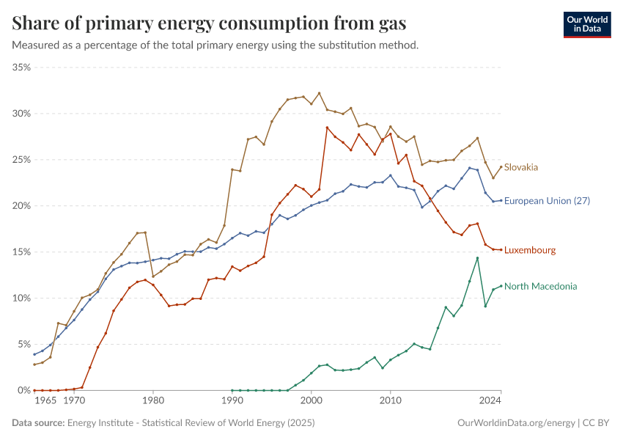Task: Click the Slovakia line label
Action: (521, 167)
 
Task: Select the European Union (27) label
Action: (546, 201)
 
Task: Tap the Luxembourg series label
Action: (529, 250)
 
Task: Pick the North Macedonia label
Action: (540, 286)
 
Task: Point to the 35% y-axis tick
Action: (21, 67)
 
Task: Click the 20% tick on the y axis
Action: (21, 206)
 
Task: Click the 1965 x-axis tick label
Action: (45, 402)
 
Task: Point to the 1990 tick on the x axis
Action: (232, 402)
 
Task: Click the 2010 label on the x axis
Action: (391, 402)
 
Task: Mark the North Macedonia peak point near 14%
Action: (477, 258)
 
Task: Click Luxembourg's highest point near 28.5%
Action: (327, 128)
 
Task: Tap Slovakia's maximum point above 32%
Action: (319, 93)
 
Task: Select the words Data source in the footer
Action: (38, 422)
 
